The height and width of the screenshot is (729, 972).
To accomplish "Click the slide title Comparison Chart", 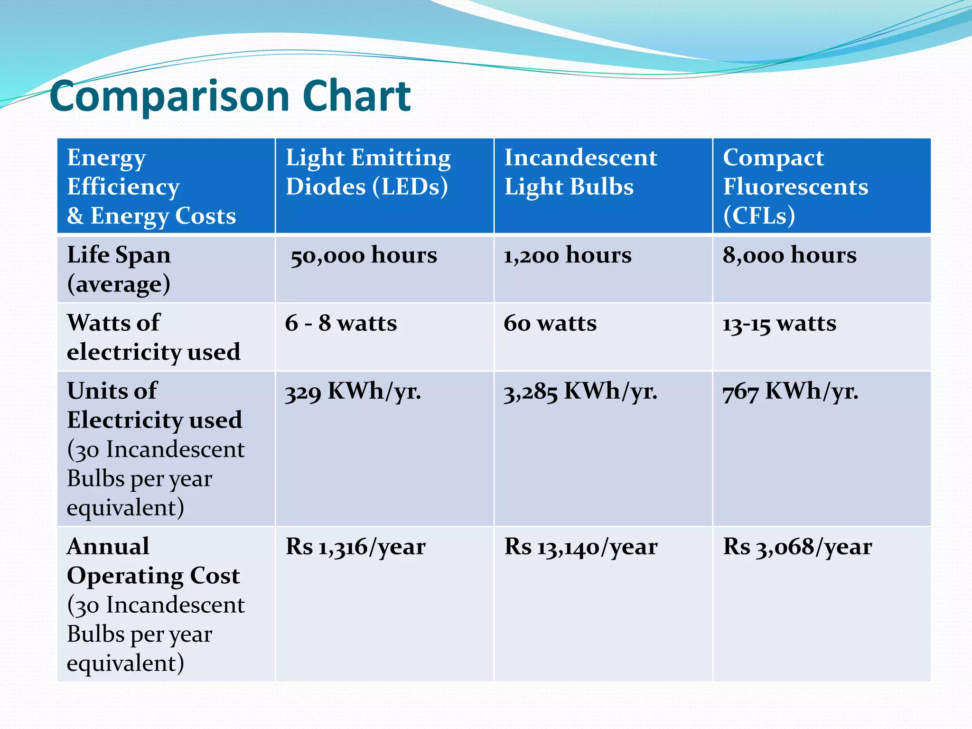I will [230, 96].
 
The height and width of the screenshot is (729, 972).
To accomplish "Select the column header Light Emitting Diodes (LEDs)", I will [368, 172].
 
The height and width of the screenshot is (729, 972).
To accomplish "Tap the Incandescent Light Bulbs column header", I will [580, 172].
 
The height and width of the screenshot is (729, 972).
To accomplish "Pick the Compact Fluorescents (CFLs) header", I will [795, 186].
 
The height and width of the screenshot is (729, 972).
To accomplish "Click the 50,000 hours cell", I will [364, 255].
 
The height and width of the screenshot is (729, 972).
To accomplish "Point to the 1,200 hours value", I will [568, 255].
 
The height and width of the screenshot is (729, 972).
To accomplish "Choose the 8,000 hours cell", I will [789, 255].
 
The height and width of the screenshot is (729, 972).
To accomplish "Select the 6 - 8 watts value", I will [341, 323].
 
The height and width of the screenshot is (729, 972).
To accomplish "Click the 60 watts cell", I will [550, 323].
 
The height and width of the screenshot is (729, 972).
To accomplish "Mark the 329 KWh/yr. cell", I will [353, 392].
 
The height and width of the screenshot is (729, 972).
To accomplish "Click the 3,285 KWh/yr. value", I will [580, 392].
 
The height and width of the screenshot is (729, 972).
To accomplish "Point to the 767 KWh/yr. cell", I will [790, 392].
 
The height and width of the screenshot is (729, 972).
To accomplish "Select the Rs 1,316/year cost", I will [355, 547].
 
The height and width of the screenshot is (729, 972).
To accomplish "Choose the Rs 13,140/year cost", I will [580, 547].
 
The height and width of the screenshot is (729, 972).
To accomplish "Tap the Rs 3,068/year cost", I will [797, 547].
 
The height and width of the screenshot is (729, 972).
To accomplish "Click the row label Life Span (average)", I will [119, 269].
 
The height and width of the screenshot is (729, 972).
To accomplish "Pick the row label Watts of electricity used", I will [153, 337].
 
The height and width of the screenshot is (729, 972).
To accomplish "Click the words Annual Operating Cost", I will [153, 561].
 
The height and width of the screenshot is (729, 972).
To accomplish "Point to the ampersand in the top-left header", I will [75, 216].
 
